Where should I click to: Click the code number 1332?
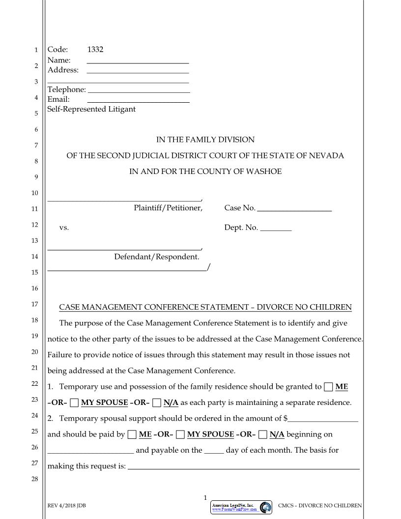tap(95, 50)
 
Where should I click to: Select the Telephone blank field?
tap(139, 90)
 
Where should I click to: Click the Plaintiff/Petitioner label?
tap(168, 208)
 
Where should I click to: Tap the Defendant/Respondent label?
tap(157, 257)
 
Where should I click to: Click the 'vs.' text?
tap(64, 228)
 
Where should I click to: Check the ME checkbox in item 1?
tap(328, 387)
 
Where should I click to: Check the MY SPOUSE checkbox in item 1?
tap(74, 403)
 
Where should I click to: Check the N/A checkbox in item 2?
tap(263, 434)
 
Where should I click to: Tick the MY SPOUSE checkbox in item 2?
tap(180, 434)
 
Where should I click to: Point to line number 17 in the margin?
tap(34, 304)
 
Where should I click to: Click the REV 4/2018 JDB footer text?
tap(66, 506)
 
